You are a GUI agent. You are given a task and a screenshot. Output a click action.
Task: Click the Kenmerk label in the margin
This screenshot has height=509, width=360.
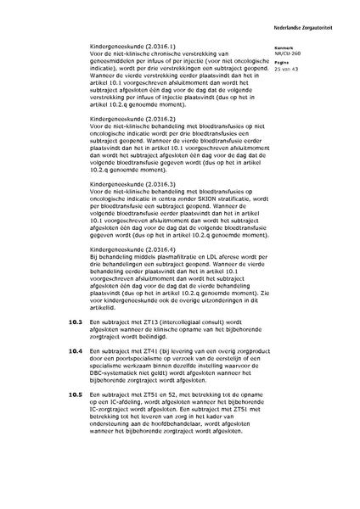(x=286, y=47)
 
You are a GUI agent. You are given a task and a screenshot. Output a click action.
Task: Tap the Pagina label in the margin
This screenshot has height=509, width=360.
(x=284, y=63)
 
